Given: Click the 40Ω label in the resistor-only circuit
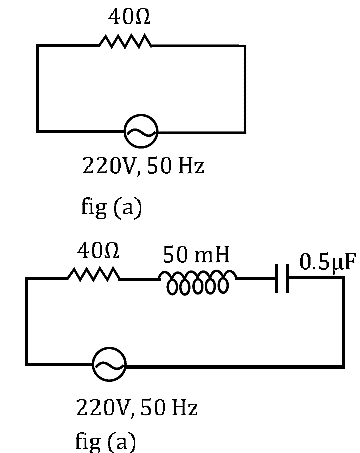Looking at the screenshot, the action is coord(129,17).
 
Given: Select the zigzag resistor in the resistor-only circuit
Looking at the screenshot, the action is coord(125,41).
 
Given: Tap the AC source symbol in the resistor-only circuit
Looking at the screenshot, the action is coord(141,132).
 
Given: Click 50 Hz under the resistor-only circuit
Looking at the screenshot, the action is coord(175,165).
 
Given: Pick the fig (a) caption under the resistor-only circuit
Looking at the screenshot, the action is coord(112,207).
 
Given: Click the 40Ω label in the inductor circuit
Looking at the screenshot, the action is coord(98,251).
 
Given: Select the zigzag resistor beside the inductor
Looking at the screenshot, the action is coord(94,274).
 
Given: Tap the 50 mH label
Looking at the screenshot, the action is coord(196,254).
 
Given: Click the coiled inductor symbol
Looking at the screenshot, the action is coord(198,283).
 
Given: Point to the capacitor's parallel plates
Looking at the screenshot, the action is coord(282,278).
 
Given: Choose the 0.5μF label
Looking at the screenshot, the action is coord(328,262).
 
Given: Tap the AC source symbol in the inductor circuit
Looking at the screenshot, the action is coord(109,364).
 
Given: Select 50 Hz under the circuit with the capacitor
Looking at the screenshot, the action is coord(169,407).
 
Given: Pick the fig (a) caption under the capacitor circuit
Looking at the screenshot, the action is coord(106,441).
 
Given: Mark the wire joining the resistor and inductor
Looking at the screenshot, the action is coord(140,279).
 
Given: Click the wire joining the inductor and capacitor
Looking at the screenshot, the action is coord(256,278).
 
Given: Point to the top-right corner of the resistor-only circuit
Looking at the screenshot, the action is coord(245,46).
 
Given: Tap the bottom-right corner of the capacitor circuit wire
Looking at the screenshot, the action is coord(343,366).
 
